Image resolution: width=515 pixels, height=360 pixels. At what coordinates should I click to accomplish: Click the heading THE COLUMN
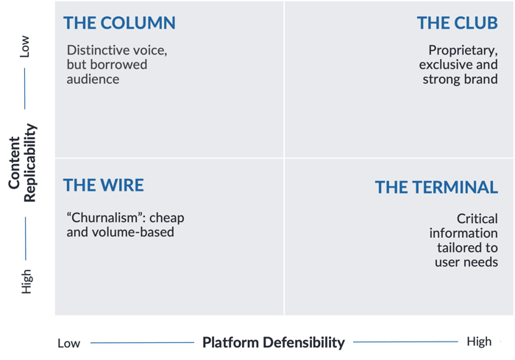(x=119, y=23)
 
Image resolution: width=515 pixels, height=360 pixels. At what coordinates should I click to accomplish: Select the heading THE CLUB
(x=457, y=23)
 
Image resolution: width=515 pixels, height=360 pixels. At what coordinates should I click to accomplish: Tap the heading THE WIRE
(x=104, y=185)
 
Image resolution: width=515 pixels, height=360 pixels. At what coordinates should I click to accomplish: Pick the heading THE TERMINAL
(x=436, y=188)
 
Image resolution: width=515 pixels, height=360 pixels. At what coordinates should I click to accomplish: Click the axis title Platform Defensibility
(x=274, y=342)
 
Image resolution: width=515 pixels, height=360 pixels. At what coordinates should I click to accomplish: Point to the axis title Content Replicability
(x=22, y=163)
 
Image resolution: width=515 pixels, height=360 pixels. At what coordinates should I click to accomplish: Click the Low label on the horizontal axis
(x=68, y=343)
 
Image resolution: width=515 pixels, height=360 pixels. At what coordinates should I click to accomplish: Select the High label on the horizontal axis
(x=479, y=342)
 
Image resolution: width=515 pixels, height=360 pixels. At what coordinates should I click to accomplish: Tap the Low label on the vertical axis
(x=24, y=46)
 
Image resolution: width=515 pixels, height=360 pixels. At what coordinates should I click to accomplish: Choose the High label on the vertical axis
(x=26, y=281)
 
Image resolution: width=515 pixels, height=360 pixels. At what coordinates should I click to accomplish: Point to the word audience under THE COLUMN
(x=93, y=80)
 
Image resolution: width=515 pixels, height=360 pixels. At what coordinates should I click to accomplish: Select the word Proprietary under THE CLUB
(x=463, y=51)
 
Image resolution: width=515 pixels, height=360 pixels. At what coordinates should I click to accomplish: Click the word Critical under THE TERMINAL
(x=477, y=219)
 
